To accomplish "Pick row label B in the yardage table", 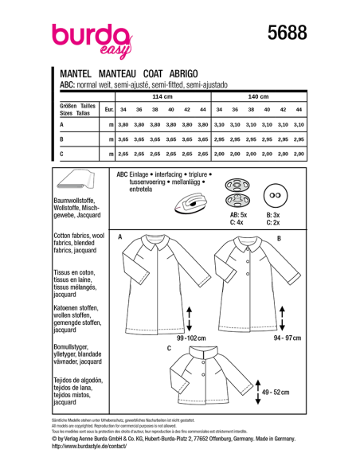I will point(62,139).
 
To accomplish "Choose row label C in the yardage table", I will point(62,152).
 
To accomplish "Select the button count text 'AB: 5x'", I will point(239,215).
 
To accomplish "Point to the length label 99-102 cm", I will point(190,338).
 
